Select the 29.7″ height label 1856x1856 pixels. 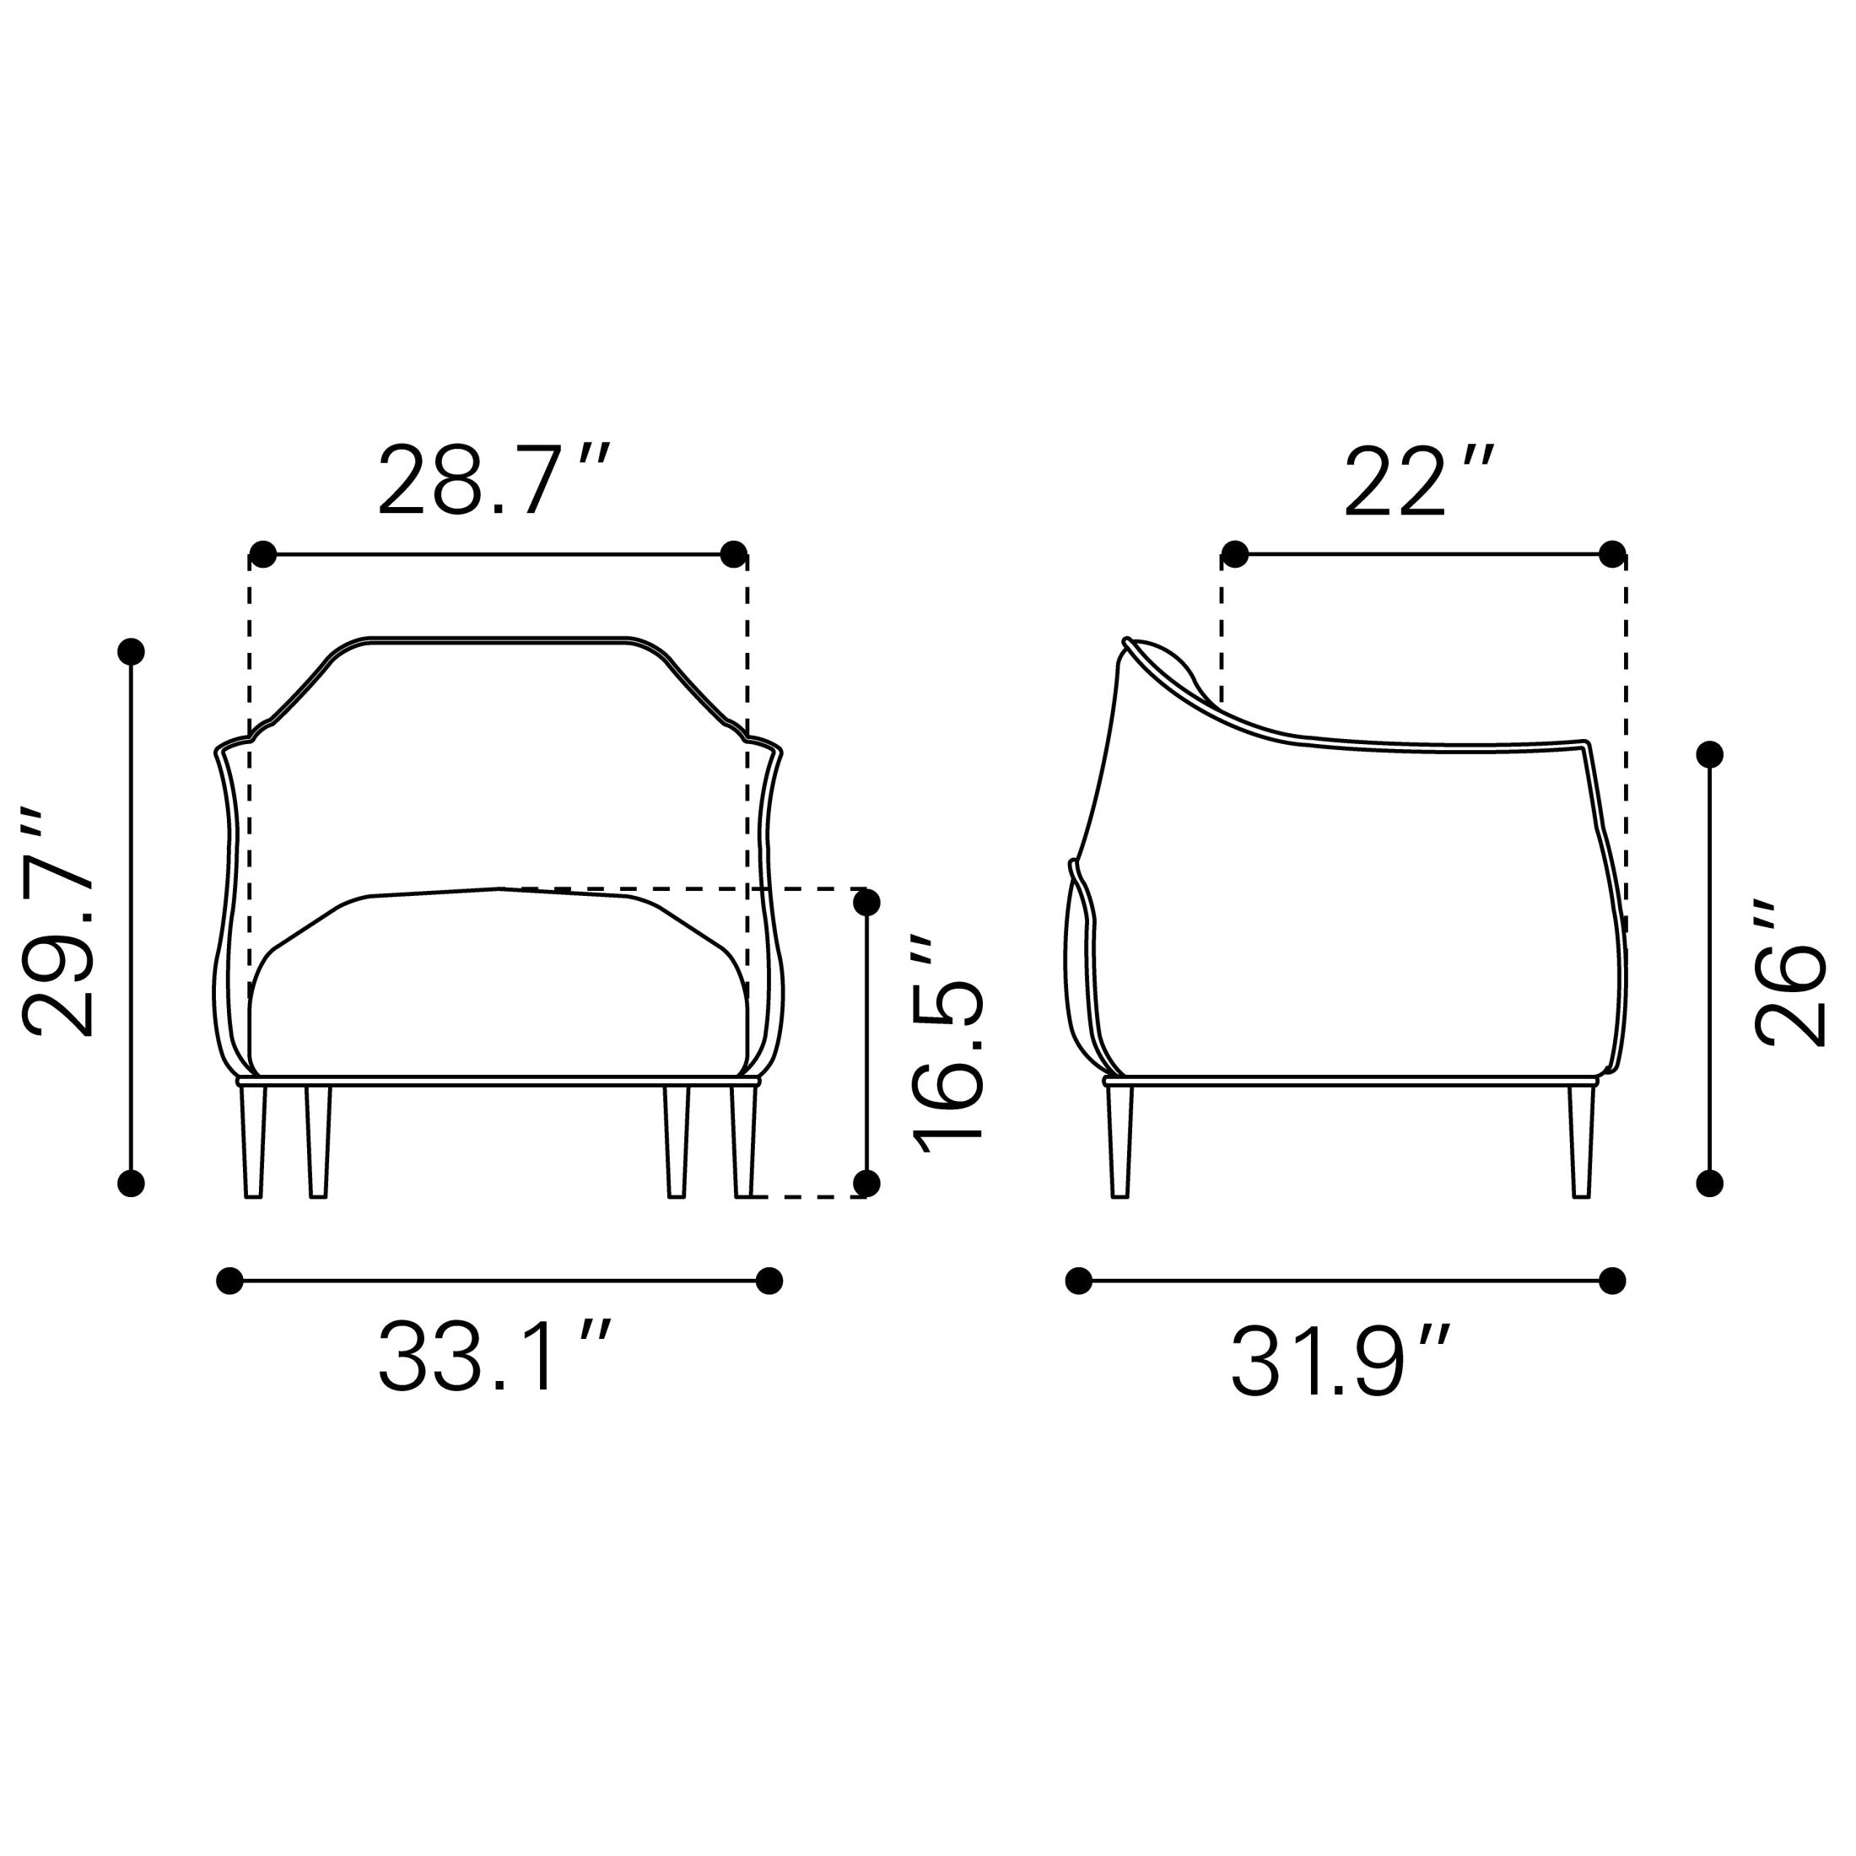pyautogui.click(x=60, y=923)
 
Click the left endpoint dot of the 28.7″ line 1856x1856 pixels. pyautogui.click(x=262, y=554)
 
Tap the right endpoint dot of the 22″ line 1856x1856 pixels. pyautogui.click(x=1613, y=554)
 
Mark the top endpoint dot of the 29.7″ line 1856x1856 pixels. pyautogui.click(x=131, y=651)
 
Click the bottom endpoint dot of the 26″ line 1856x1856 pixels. pyautogui.click(x=1710, y=1183)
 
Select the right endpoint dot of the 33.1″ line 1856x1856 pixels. pyautogui.click(x=769, y=1281)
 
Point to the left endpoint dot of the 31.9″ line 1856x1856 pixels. pyautogui.click(x=1079, y=1281)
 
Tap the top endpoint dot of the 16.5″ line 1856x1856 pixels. pyautogui.click(x=866, y=902)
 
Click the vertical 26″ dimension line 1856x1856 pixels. pyautogui.click(x=1710, y=970)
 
